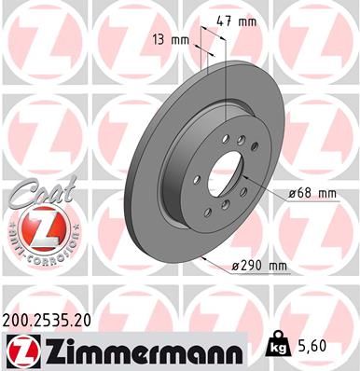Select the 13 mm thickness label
tap(170, 40)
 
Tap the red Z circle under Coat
tap(36, 229)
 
